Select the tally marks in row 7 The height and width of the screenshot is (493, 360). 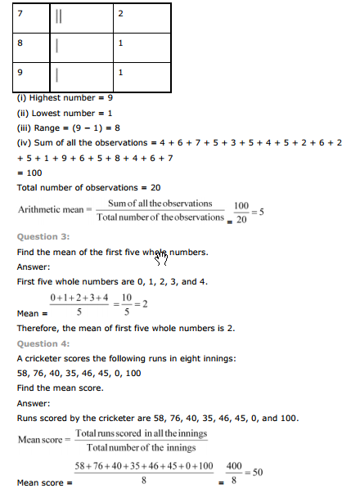(60, 16)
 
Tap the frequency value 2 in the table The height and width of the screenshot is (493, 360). (120, 15)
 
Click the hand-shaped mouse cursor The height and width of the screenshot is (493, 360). (161, 258)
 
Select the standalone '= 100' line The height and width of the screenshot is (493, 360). (31, 173)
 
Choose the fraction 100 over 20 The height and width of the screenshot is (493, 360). (241, 210)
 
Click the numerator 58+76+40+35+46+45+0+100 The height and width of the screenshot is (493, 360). (144, 465)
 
